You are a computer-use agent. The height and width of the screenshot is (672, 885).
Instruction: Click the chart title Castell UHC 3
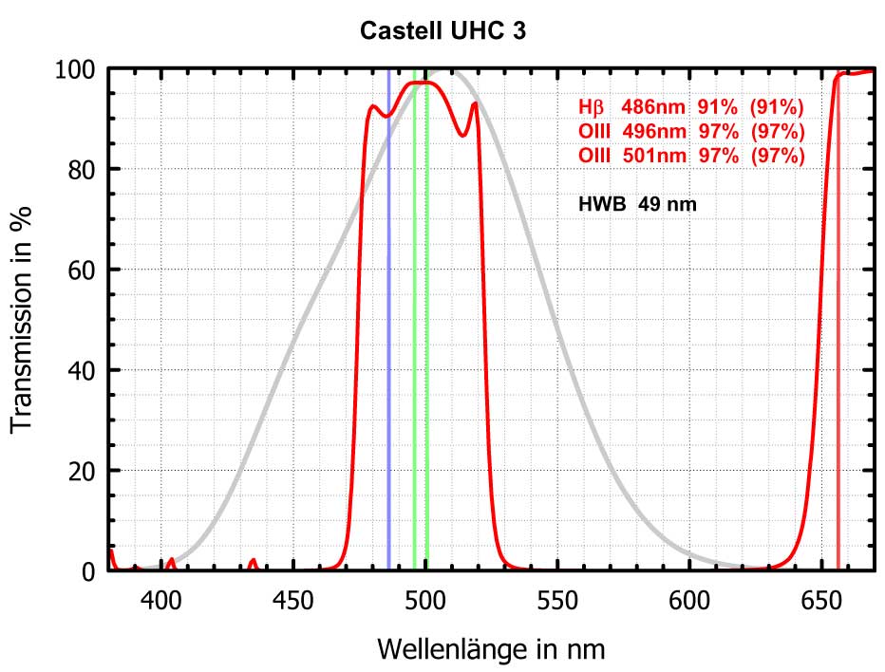point(442,31)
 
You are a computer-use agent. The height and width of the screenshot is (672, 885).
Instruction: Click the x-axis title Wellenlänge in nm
point(491,649)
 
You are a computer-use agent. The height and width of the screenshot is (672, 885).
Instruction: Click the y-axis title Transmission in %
point(23,319)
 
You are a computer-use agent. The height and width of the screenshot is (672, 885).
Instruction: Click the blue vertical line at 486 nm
point(388,332)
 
